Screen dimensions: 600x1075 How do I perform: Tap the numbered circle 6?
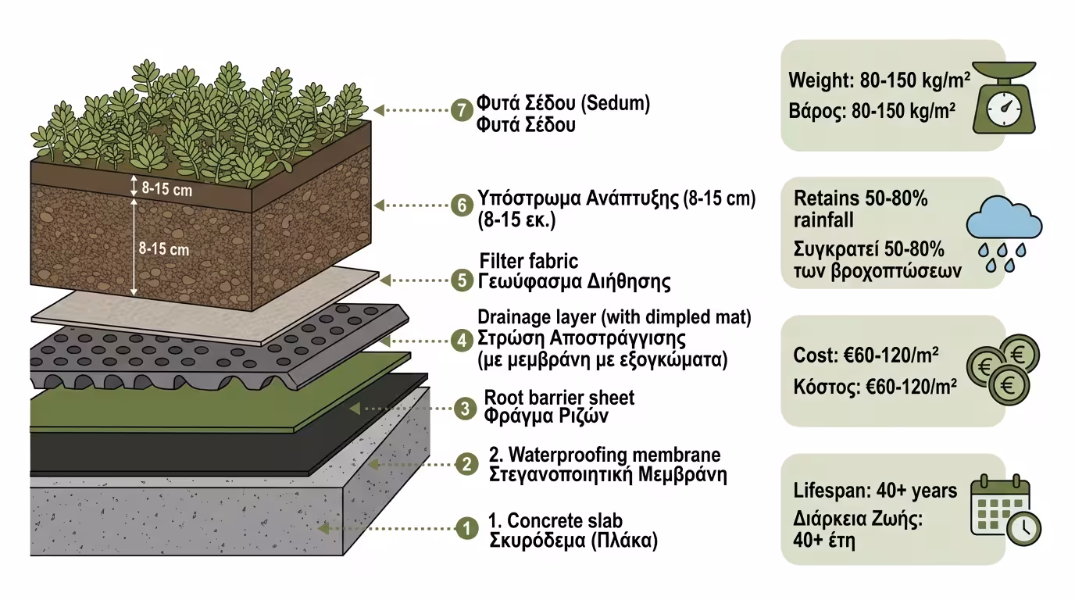462,205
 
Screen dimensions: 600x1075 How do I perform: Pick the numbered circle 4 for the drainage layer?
462,340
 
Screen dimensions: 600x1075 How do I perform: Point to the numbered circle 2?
466,464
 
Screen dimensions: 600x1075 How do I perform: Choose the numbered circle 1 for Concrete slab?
466,529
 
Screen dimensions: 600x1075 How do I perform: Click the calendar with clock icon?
1005,509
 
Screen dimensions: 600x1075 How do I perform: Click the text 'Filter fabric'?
529,261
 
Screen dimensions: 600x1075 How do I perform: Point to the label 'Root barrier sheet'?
559,398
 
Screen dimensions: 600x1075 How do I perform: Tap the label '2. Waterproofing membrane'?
604,455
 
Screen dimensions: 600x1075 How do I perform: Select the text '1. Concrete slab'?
555,520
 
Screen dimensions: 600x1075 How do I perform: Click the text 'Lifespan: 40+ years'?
874,491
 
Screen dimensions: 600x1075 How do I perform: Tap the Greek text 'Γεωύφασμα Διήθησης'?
574,280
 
